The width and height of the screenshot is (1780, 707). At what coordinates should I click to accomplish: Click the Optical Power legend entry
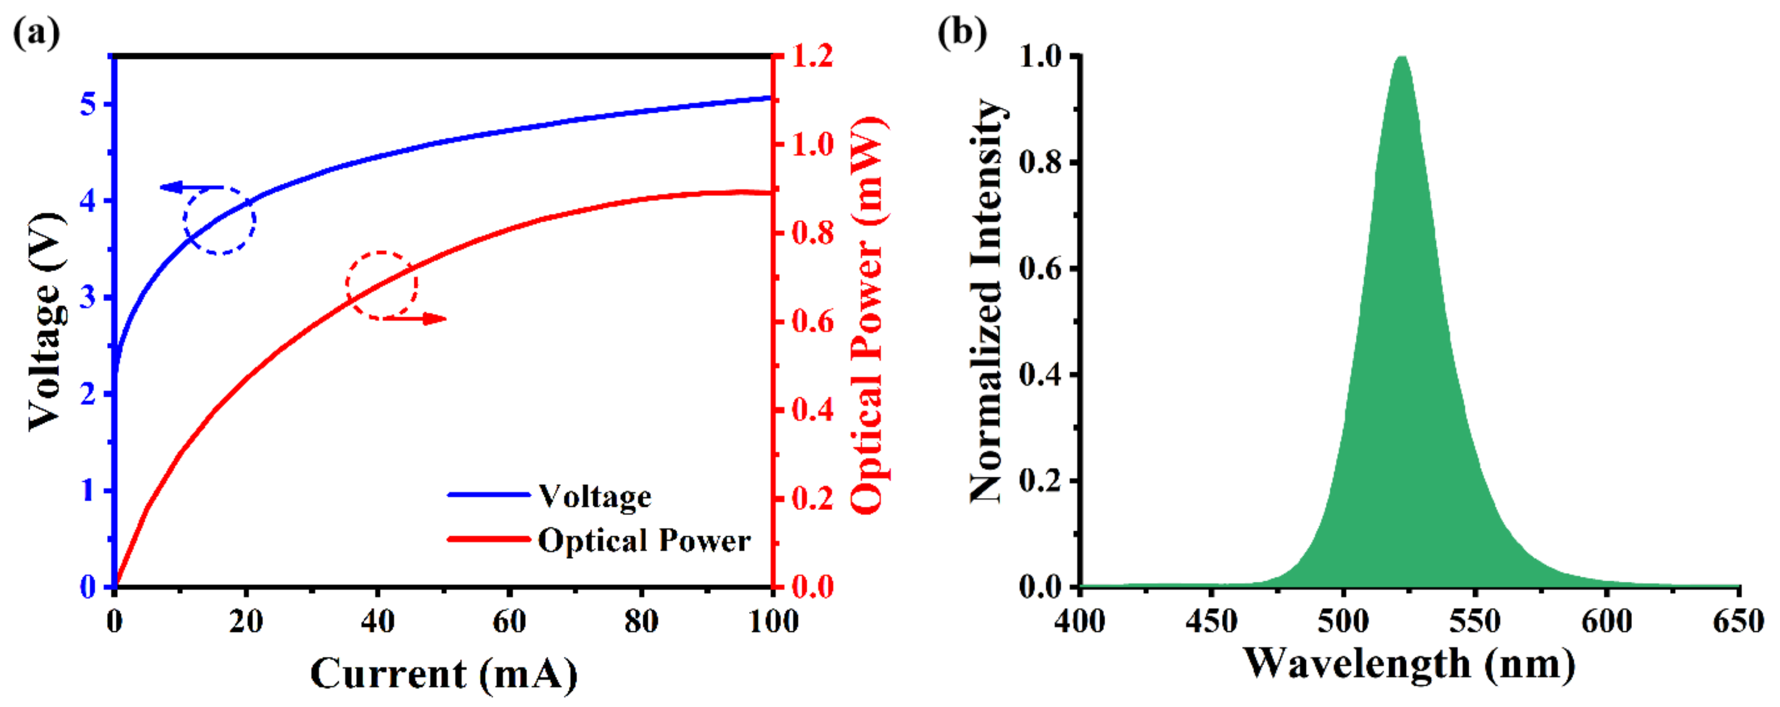click(x=643, y=540)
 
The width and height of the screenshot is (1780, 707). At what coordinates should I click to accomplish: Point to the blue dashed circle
click(x=220, y=220)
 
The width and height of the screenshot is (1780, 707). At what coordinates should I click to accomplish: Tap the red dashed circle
click(x=382, y=285)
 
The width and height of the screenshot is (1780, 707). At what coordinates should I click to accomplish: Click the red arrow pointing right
click(x=419, y=318)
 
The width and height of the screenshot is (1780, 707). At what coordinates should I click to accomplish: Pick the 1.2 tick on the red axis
click(x=813, y=56)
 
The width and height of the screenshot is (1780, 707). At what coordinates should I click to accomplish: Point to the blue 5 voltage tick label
click(x=88, y=104)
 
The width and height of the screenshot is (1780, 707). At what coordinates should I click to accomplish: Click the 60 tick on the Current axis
click(x=510, y=622)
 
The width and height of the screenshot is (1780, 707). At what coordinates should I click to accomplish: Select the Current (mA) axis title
click(x=444, y=674)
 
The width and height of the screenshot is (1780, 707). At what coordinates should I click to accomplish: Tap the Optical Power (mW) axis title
click(x=867, y=315)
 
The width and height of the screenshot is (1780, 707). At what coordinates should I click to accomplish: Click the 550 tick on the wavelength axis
click(x=1475, y=622)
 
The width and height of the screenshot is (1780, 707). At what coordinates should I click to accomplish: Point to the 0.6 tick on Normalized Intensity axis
click(x=1040, y=269)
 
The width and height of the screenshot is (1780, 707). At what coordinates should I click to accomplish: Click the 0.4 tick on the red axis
click(x=813, y=410)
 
